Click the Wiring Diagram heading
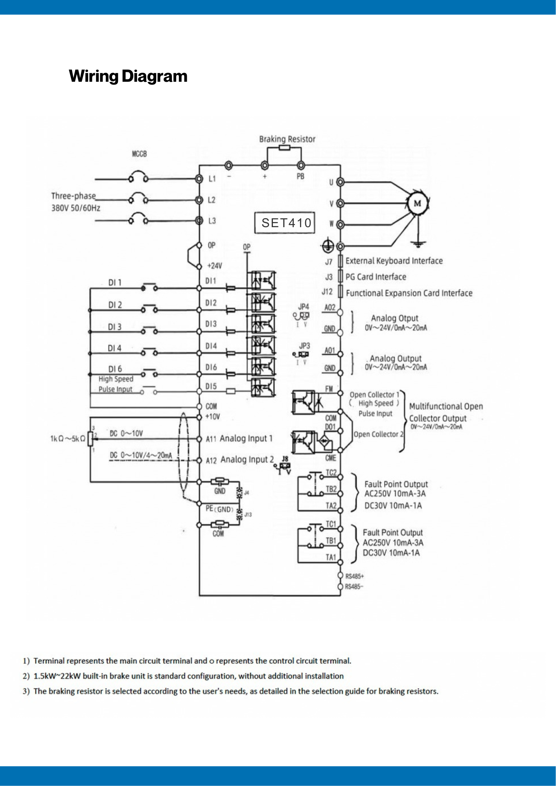128,76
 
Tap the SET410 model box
285,223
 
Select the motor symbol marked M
417,203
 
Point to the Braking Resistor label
287,139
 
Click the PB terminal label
300,176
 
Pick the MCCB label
139,154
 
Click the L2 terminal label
212,200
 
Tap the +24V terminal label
214,266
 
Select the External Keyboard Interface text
394,261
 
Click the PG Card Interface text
376,277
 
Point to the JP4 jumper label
304,307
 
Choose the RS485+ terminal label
355,577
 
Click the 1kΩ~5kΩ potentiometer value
68,439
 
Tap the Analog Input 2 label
247,459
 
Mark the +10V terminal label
213,417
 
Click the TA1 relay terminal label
331,557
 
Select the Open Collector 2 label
378,434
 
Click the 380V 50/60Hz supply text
76,208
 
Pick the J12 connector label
327,292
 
